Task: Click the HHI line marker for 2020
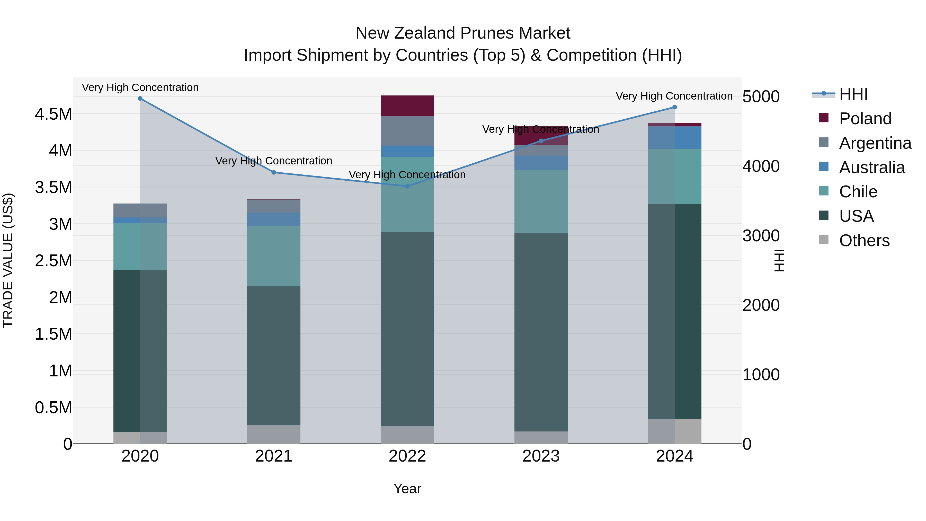click(140, 99)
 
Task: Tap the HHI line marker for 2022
click(407, 186)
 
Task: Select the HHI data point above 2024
click(674, 107)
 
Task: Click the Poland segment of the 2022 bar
click(407, 106)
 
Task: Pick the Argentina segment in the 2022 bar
click(407, 131)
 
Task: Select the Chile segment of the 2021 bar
click(274, 256)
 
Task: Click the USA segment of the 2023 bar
click(541, 332)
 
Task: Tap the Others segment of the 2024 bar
click(674, 431)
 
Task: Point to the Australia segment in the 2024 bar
click(674, 137)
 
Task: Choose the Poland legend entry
click(865, 119)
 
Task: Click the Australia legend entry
click(872, 167)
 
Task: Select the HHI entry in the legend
click(853, 94)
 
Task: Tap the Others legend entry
click(864, 241)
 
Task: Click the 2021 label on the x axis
click(274, 456)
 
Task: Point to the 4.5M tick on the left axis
click(53, 114)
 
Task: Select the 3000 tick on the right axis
click(761, 236)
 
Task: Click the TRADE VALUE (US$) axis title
click(8, 260)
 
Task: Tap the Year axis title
click(407, 489)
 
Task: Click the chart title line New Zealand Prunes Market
click(463, 33)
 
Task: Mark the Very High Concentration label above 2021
click(274, 161)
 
